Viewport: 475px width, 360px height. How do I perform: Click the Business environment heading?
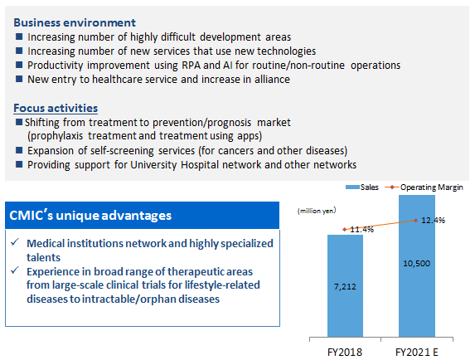click(x=75, y=22)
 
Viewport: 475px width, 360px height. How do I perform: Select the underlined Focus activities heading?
click(x=56, y=108)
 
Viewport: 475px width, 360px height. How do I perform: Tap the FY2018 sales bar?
click(x=345, y=285)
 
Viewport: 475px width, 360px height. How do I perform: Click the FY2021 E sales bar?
click(x=417, y=265)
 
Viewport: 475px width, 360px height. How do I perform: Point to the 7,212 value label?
click(x=345, y=287)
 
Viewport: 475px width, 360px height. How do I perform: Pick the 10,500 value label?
click(x=416, y=263)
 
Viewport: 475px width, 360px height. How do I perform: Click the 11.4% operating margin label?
click(x=362, y=230)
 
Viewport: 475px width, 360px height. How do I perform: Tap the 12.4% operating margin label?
click(x=434, y=221)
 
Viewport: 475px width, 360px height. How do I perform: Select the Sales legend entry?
click(x=362, y=187)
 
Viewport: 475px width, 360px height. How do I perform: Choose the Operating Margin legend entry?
click(x=424, y=187)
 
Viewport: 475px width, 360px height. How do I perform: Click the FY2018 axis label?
click(x=345, y=353)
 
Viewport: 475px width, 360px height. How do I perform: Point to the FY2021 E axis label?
click(x=417, y=353)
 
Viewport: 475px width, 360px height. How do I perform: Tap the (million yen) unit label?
click(x=317, y=211)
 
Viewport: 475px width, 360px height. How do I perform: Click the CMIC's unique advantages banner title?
click(x=90, y=216)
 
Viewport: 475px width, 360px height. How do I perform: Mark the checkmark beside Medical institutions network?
click(x=15, y=242)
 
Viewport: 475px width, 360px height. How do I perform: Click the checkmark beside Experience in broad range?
click(x=15, y=270)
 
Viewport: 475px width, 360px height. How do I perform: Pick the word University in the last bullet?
click(x=153, y=165)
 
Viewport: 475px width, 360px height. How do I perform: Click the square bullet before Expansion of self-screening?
click(x=19, y=150)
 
